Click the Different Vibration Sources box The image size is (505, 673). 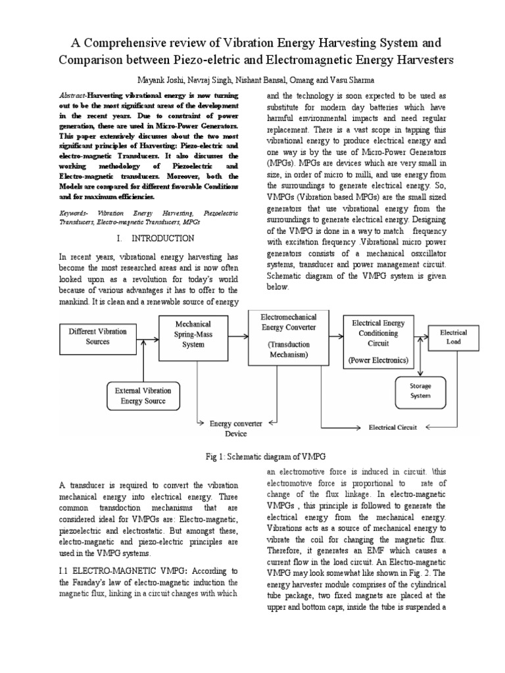[x=98, y=336]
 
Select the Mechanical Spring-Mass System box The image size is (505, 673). [x=193, y=335]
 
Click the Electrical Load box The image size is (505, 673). [x=454, y=337]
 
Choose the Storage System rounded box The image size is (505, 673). [x=421, y=391]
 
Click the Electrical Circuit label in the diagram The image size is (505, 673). [x=393, y=427]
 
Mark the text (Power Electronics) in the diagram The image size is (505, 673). [x=378, y=360]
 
